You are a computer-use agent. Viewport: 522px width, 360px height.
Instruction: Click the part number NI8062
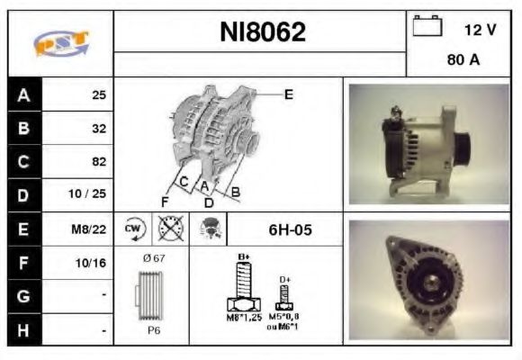click(x=263, y=32)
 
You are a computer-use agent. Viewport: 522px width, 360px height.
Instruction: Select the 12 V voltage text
click(x=480, y=30)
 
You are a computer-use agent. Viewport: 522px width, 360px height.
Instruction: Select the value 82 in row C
click(x=99, y=162)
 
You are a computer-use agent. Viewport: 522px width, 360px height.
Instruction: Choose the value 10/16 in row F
click(x=93, y=264)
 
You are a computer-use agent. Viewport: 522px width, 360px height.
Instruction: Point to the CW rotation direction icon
click(x=132, y=229)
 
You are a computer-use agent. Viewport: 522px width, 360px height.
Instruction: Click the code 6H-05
click(x=290, y=229)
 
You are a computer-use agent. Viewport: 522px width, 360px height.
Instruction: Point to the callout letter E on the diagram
click(x=288, y=94)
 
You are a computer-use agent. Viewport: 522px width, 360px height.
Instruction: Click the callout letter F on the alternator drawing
click(x=165, y=200)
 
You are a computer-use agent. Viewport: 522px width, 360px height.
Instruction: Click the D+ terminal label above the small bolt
click(x=285, y=280)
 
